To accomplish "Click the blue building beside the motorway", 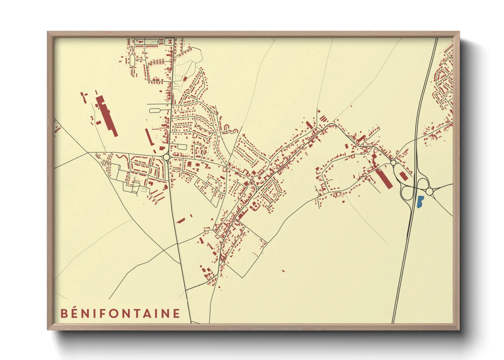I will [420, 202].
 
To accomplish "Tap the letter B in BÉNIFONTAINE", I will [64, 313].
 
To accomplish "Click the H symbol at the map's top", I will [169, 42].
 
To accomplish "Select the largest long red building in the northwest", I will [106, 115].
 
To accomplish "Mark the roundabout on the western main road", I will [166, 157].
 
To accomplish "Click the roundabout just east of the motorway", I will [429, 192].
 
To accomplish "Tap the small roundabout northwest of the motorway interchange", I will [393, 163].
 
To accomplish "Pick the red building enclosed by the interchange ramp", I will [403, 176].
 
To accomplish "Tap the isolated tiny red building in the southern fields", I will [283, 271].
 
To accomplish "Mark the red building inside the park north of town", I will [185, 79].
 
